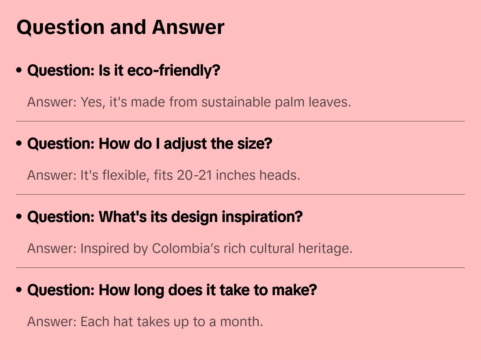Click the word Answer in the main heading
tap(188, 27)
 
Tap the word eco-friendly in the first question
tap(174, 71)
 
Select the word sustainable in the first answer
tap(236, 102)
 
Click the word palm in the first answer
tap(290, 102)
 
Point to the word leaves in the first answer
tap(330, 102)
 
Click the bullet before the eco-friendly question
tap(19, 70)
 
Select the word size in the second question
tap(254, 144)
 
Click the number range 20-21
tap(194, 175)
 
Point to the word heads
tap(279, 175)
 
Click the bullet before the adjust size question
tap(19, 143)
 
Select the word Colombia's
tap(186, 249)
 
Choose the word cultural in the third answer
tap(272, 248)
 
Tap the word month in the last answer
tap(241, 321)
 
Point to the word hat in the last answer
tap(123, 321)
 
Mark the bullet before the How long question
tap(19, 290)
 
